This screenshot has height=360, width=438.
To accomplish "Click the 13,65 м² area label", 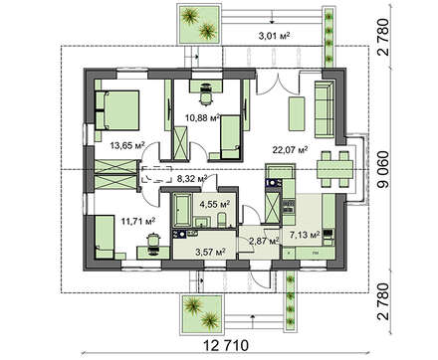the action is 127,145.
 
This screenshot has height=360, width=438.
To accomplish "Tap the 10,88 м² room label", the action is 203,117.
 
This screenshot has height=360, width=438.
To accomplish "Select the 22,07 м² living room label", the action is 290,150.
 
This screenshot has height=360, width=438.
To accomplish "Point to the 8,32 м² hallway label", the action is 192,179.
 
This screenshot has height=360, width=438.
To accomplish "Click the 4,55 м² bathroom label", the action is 215,204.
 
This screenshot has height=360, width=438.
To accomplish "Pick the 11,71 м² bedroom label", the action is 138,221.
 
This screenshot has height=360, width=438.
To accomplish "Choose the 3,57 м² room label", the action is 210,253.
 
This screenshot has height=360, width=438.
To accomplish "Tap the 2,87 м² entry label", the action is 264,241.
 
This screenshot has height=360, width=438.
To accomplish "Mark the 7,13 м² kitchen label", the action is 305,235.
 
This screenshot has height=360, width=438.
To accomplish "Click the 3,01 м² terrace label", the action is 274,36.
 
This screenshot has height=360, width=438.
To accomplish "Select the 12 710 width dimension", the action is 226,346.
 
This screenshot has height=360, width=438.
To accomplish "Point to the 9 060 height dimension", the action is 383,169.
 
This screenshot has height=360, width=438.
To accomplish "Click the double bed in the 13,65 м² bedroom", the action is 116,110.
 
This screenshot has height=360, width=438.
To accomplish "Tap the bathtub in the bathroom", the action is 182,210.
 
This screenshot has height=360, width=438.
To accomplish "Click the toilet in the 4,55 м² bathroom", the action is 221,220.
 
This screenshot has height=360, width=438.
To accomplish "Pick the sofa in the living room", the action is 324,108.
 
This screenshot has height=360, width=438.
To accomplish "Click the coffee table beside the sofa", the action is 297,113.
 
